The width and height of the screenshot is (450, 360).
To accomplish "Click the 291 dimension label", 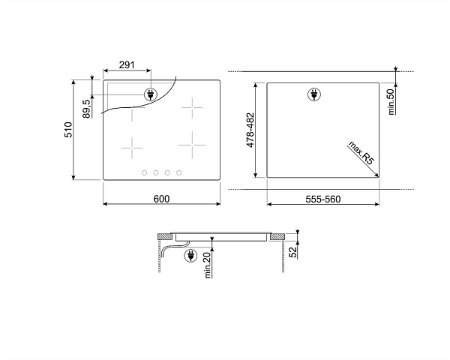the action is (127, 65).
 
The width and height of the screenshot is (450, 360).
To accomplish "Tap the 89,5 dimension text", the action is (87, 109).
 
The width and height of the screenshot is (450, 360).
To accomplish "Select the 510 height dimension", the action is (68, 130).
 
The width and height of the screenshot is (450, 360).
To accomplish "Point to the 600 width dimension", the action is (161, 199).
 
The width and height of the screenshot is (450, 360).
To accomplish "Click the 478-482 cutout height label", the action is (250, 130).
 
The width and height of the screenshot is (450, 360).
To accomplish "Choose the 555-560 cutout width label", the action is (322, 199).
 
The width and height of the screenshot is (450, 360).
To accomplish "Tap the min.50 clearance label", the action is (391, 102).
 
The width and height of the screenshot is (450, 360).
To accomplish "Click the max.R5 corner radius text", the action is (361, 153).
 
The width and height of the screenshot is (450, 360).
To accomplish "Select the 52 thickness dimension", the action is (292, 252).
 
